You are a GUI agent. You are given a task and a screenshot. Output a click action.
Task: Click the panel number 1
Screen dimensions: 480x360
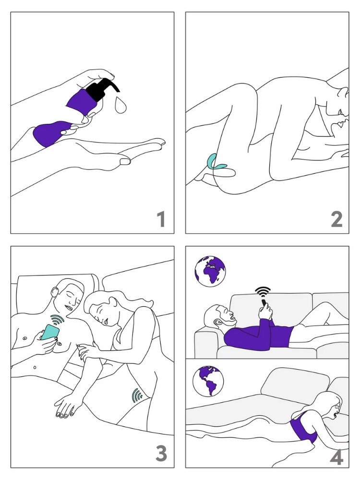pos(161,219)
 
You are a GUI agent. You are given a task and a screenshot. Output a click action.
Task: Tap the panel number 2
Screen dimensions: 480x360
pos(336,219)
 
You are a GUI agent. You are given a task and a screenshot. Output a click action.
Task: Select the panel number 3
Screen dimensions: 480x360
pos(161,453)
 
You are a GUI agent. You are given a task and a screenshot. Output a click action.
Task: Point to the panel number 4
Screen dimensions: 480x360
pos(336,457)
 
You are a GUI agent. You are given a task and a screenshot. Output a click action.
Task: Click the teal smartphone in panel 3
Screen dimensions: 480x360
pos(49,333)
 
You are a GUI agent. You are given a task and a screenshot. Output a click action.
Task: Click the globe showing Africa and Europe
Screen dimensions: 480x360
pos(211,271)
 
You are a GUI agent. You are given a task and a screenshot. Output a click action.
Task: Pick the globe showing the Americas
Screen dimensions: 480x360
pos(208,380)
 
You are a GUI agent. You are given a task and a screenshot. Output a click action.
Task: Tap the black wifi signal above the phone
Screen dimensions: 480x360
pos(262,291)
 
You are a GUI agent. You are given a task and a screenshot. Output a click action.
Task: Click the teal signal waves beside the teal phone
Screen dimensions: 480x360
pos(58,319)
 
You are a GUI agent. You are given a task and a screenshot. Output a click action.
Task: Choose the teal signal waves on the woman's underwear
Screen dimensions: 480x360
pos(137,395)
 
